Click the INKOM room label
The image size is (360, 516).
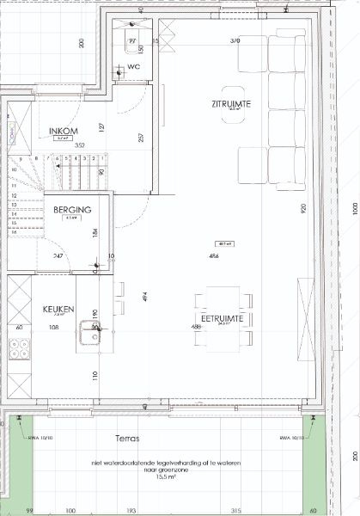point(61,131)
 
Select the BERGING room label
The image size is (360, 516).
point(72,209)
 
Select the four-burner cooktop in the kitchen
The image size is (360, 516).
point(18,351)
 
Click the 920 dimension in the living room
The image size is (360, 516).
point(303,208)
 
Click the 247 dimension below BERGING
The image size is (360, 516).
point(57,256)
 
